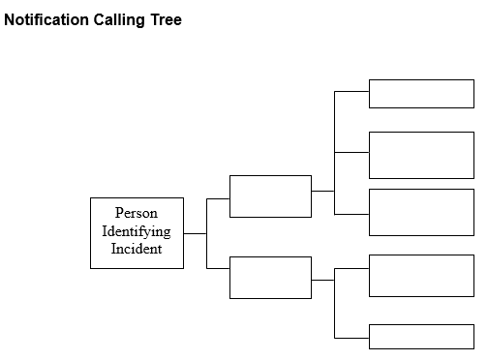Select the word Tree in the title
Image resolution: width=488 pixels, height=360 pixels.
coord(165,20)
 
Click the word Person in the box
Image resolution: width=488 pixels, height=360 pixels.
coord(136,214)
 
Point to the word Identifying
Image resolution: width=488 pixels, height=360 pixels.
coord(136,231)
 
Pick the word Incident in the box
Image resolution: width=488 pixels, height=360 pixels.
coord(136,249)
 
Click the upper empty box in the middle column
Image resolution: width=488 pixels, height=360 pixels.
coord(270,196)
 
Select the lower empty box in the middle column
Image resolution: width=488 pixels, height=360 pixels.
coord(270,278)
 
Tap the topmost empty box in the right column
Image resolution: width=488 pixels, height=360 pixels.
coord(421,94)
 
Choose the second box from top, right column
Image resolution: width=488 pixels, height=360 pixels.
coord(421,155)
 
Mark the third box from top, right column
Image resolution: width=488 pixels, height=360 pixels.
coord(421,212)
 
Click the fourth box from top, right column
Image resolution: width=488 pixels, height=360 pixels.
coord(421,276)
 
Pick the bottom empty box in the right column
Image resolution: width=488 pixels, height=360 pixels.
coord(421,336)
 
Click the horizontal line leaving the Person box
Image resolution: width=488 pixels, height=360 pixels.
coord(195,233)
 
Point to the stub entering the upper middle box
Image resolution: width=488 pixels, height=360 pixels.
coord(218,198)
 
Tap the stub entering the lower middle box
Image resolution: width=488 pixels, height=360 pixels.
coord(218,268)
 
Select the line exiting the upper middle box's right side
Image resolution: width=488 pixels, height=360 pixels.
coord(322,191)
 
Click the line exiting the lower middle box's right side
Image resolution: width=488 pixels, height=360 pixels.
coord(322,280)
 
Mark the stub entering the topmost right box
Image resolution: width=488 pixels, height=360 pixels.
coord(351,92)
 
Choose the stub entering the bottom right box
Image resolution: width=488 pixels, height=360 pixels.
coord(351,337)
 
